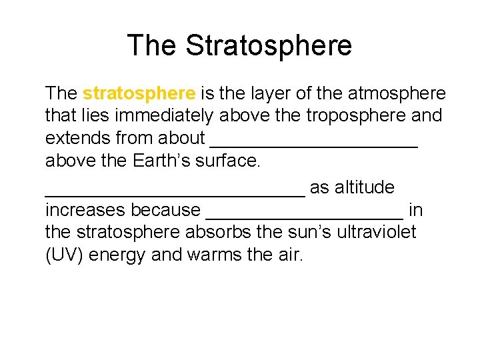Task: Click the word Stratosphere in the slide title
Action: click(x=268, y=45)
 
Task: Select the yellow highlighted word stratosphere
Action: click(x=139, y=93)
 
